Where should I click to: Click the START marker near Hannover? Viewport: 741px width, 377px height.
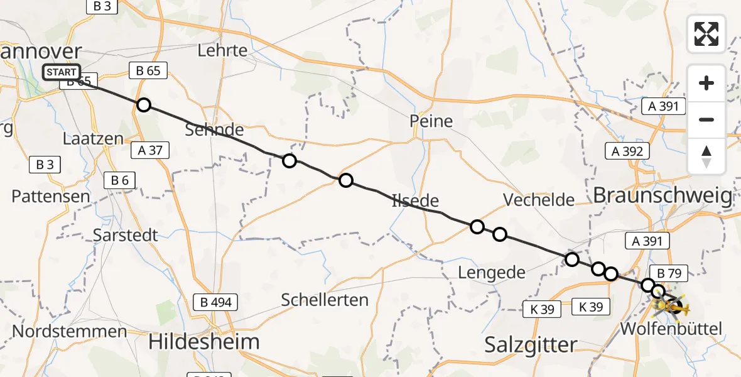coord(62,72)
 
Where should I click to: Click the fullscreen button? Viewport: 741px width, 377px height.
coord(706,34)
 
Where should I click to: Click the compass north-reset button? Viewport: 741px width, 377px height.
coord(706,156)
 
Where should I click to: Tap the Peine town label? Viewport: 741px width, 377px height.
coord(431,121)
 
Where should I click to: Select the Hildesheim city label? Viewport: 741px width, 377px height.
coord(204,342)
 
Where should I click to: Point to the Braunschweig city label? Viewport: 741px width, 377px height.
coord(663,197)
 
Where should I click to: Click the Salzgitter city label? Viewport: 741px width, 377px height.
coord(531,344)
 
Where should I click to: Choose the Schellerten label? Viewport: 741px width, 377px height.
coord(325,300)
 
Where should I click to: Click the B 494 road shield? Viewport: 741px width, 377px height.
coord(216,302)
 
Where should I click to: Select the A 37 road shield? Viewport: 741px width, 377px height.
coord(150,150)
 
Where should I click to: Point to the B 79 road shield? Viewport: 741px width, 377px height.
coord(669,273)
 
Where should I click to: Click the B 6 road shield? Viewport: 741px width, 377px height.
coord(120,181)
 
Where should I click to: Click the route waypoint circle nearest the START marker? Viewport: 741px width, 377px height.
coord(144,104)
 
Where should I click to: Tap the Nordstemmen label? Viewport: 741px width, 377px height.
coord(60,331)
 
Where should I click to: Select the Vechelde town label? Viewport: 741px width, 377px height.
coord(539,200)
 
